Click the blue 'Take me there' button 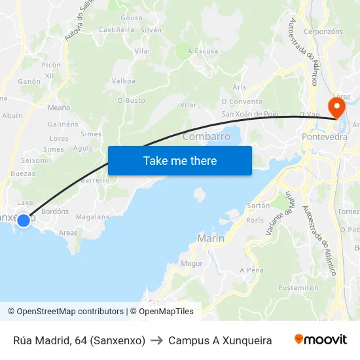pyautogui.click(x=179, y=160)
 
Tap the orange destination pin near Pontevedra pyautogui.click(x=336, y=107)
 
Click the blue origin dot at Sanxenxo pyautogui.click(x=23, y=221)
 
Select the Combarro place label pyautogui.click(x=206, y=137)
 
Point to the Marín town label pyautogui.click(x=211, y=239)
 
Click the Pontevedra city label pyautogui.click(x=325, y=137)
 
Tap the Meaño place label pyautogui.click(x=59, y=107)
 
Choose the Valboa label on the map pyautogui.click(x=124, y=81)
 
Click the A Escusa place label pyautogui.click(x=203, y=51)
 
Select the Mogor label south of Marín pyautogui.click(x=192, y=264)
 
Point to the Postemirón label pyautogui.click(x=298, y=287)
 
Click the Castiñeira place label pyautogui.click(x=117, y=30)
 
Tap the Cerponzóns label pyautogui.click(x=323, y=31)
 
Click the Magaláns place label pyautogui.click(x=92, y=217)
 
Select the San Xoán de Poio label pyautogui.click(x=250, y=114)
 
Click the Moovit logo pyautogui.click(x=321, y=340)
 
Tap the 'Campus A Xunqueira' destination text pyautogui.click(x=220, y=340)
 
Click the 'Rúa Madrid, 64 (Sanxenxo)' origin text pyautogui.click(x=79, y=340)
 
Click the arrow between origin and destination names pyautogui.click(x=157, y=340)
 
